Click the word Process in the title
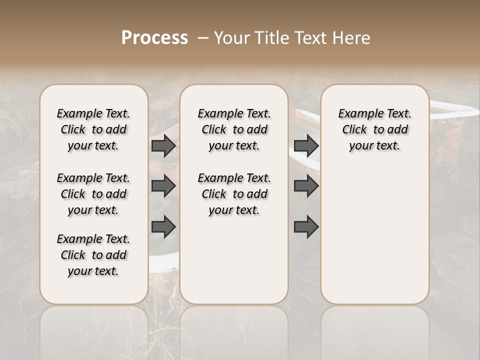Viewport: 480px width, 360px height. coord(154,38)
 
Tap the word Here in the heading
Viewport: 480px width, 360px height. coord(352,38)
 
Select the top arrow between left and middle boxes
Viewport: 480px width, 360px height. coord(163,145)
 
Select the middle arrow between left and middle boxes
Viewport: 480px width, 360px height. coord(163,186)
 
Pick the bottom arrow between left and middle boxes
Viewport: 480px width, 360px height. coord(163,226)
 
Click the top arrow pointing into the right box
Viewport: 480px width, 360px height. coord(306,145)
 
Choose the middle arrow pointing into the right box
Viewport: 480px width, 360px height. coord(306,186)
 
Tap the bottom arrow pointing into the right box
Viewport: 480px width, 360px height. coord(306,226)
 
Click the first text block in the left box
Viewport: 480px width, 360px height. coord(93,129)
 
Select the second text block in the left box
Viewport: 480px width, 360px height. coord(93,194)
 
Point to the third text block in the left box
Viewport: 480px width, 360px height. coord(93,255)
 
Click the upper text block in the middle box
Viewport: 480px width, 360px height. coord(234,129)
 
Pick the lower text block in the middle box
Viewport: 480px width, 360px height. coord(234,194)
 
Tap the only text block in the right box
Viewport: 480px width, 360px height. coord(374,129)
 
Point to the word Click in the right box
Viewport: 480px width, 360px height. coord(354,130)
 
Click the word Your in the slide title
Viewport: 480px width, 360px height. coord(230,38)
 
